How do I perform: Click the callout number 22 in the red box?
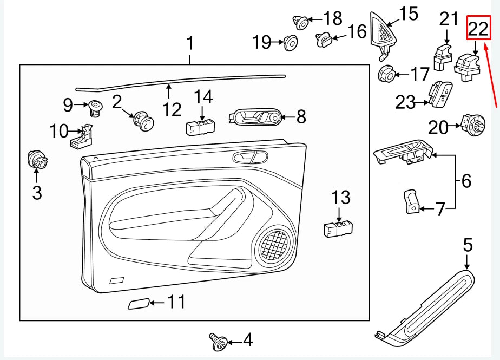pos(478,28)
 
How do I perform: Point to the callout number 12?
pos(172,109)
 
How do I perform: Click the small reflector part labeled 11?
pos(139,303)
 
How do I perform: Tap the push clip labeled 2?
pos(143,120)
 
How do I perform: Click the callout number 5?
pos(468,246)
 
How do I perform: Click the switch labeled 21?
pos(443,57)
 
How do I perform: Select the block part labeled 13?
pos(338,228)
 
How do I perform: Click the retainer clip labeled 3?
pos(37,160)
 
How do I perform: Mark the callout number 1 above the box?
pos(190,42)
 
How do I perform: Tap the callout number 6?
pos(466,181)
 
